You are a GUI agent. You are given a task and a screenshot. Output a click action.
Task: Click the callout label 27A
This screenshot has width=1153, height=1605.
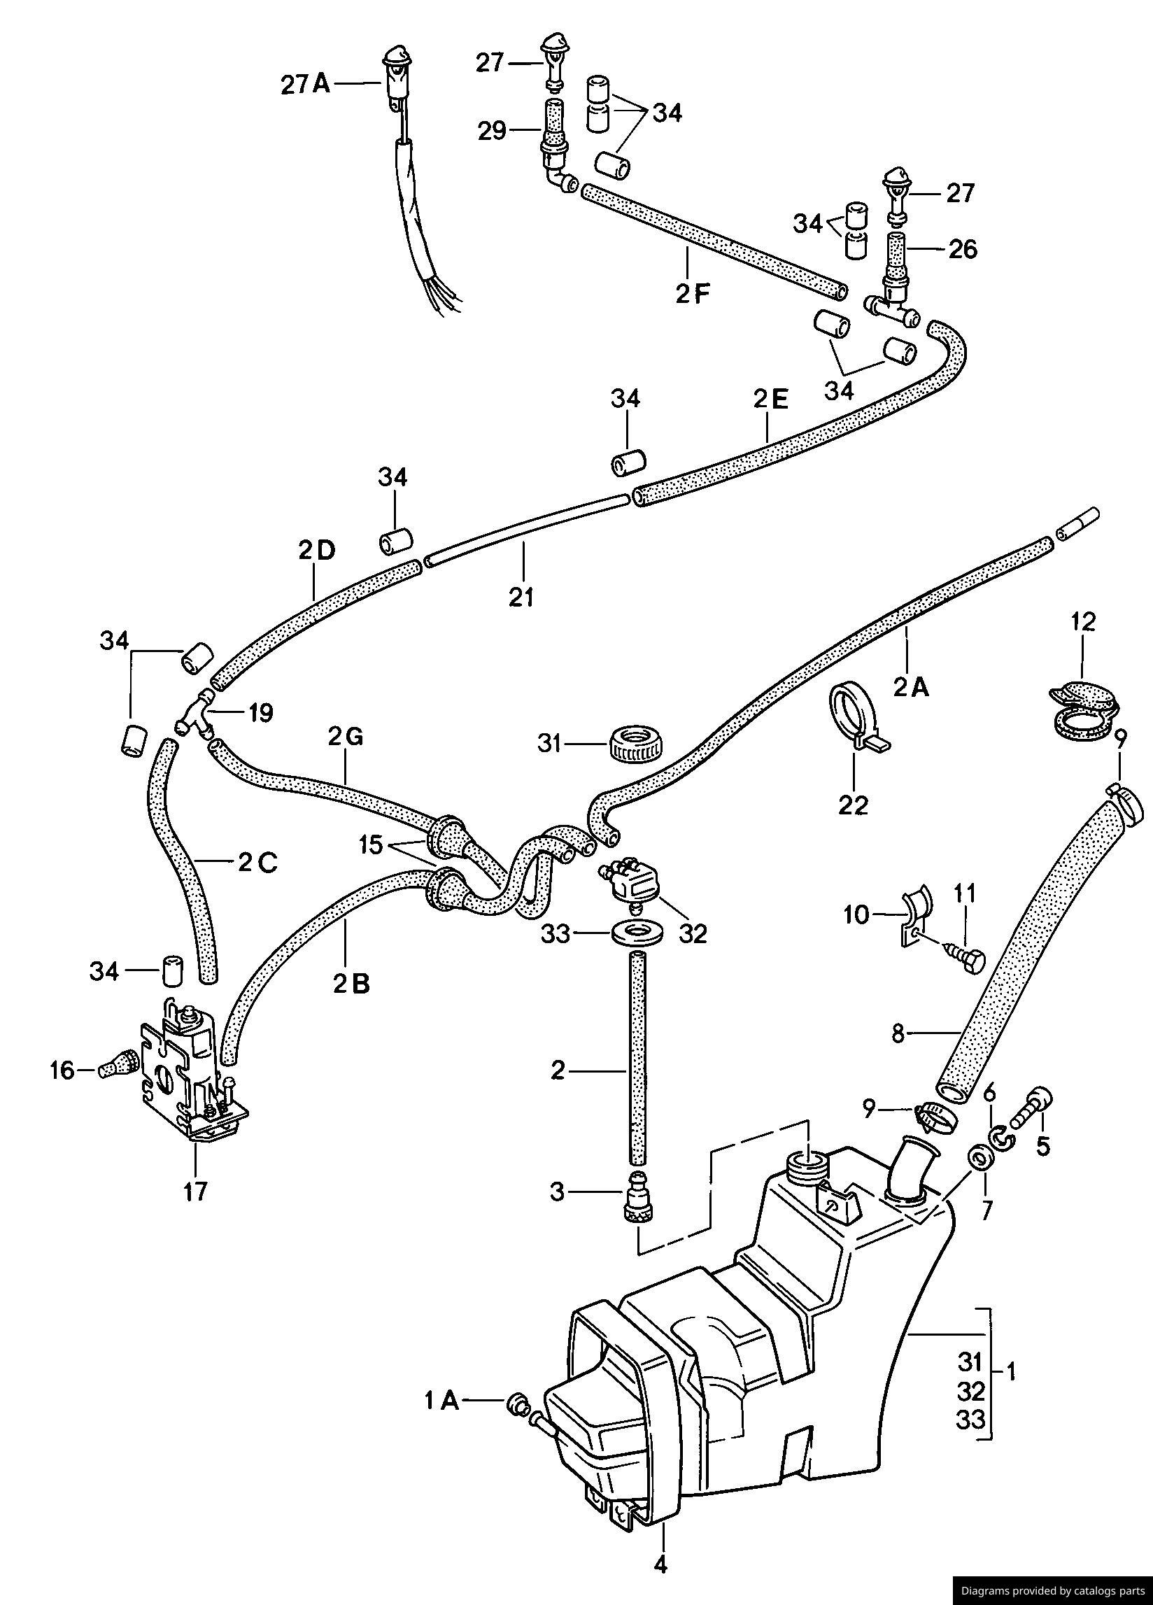point(306,84)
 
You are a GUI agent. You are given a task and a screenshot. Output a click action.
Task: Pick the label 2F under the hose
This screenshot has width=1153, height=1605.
point(691,293)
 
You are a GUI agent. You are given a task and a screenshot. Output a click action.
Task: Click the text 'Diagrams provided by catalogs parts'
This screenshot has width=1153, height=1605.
point(1052,1590)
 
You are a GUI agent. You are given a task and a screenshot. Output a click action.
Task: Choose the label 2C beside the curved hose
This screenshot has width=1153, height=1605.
point(257,863)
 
